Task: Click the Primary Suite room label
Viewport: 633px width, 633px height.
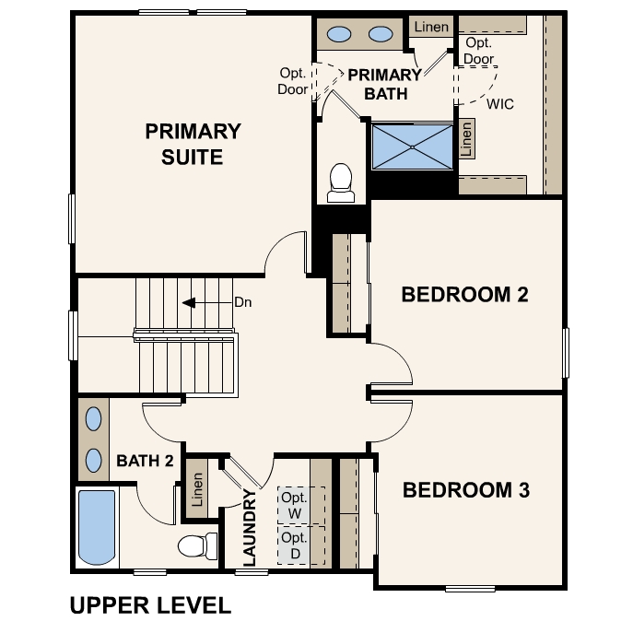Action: pyautogui.click(x=193, y=144)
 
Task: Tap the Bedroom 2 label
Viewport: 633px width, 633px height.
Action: pyautogui.click(x=464, y=294)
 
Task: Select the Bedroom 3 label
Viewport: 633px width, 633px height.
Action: pyautogui.click(x=466, y=489)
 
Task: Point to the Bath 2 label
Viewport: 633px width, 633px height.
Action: pyautogui.click(x=145, y=461)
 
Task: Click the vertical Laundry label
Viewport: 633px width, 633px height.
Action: pyautogui.click(x=250, y=527)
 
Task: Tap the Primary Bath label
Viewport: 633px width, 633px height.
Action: pyautogui.click(x=385, y=84)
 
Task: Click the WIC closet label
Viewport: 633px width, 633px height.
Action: pyautogui.click(x=500, y=104)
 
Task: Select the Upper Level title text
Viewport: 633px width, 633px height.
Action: pyautogui.click(x=150, y=605)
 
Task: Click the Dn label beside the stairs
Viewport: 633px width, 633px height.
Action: pyautogui.click(x=243, y=302)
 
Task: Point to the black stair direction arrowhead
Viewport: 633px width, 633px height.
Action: pyautogui.click(x=189, y=302)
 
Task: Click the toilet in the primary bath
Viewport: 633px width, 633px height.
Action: pyautogui.click(x=341, y=182)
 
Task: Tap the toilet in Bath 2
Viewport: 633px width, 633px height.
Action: pyautogui.click(x=198, y=545)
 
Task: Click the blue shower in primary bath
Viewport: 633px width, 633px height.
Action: pyautogui.click(x=412, y=147)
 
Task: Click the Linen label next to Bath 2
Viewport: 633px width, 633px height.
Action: pyautogui.click(x=197, y=489)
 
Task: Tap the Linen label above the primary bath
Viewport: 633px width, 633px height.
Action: pyautogui.click(x=431, y=27)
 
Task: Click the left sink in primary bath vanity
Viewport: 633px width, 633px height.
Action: pyautogui.click(x=339, y=34)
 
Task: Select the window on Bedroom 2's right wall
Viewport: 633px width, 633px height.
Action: pyautogui.click(x=566, y=353)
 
